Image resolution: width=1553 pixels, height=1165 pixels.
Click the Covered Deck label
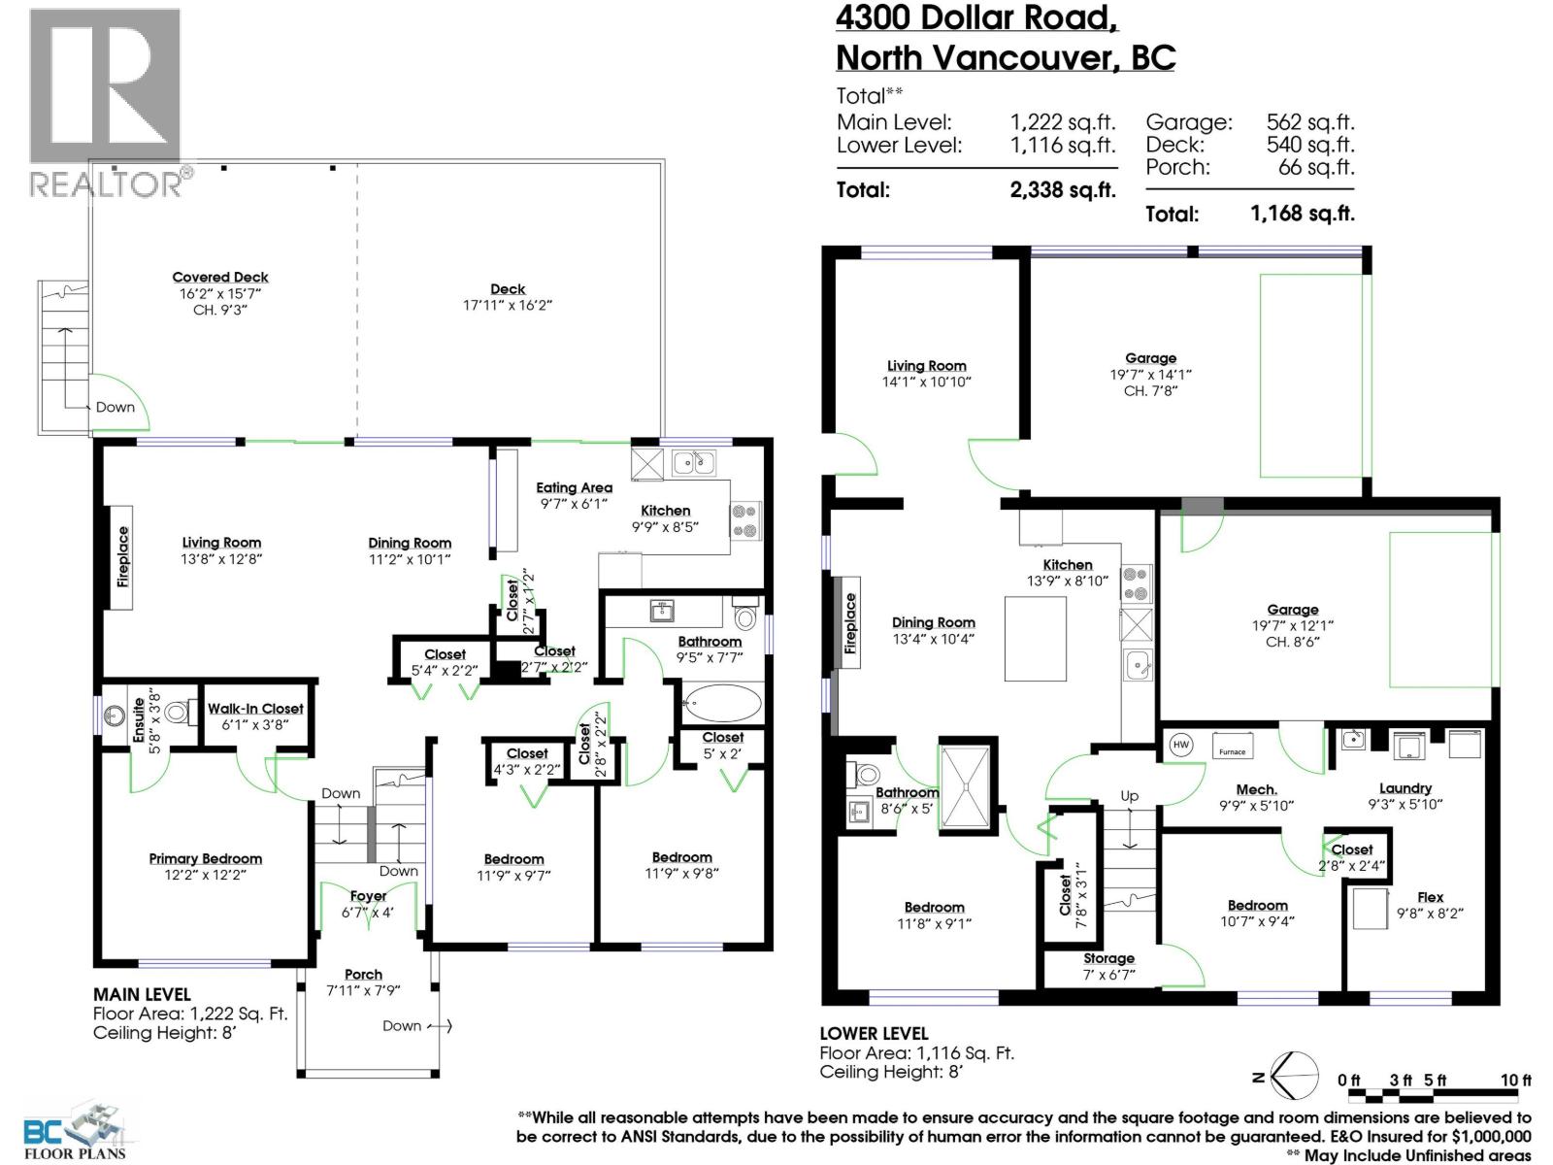point(220,278)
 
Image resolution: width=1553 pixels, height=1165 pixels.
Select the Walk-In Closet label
point(255,709)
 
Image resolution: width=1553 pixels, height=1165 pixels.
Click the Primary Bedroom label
point(205,858)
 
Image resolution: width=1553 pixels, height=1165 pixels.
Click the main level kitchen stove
point(745,519)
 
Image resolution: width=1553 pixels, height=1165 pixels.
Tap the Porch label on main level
point(363,974)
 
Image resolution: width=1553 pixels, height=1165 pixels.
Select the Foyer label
point(368,896)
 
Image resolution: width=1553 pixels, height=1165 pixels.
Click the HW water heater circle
point(1181,746)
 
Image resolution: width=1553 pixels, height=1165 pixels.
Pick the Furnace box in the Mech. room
point(1233,749)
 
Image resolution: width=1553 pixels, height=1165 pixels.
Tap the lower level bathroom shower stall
point(967,787)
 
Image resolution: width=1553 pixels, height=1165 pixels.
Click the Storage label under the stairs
point(1108,958)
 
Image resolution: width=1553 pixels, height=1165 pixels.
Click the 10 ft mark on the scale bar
point(1515,1081)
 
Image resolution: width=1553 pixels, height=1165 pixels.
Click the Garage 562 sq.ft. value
point(1309,122)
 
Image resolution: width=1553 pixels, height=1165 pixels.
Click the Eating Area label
point(574,487)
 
